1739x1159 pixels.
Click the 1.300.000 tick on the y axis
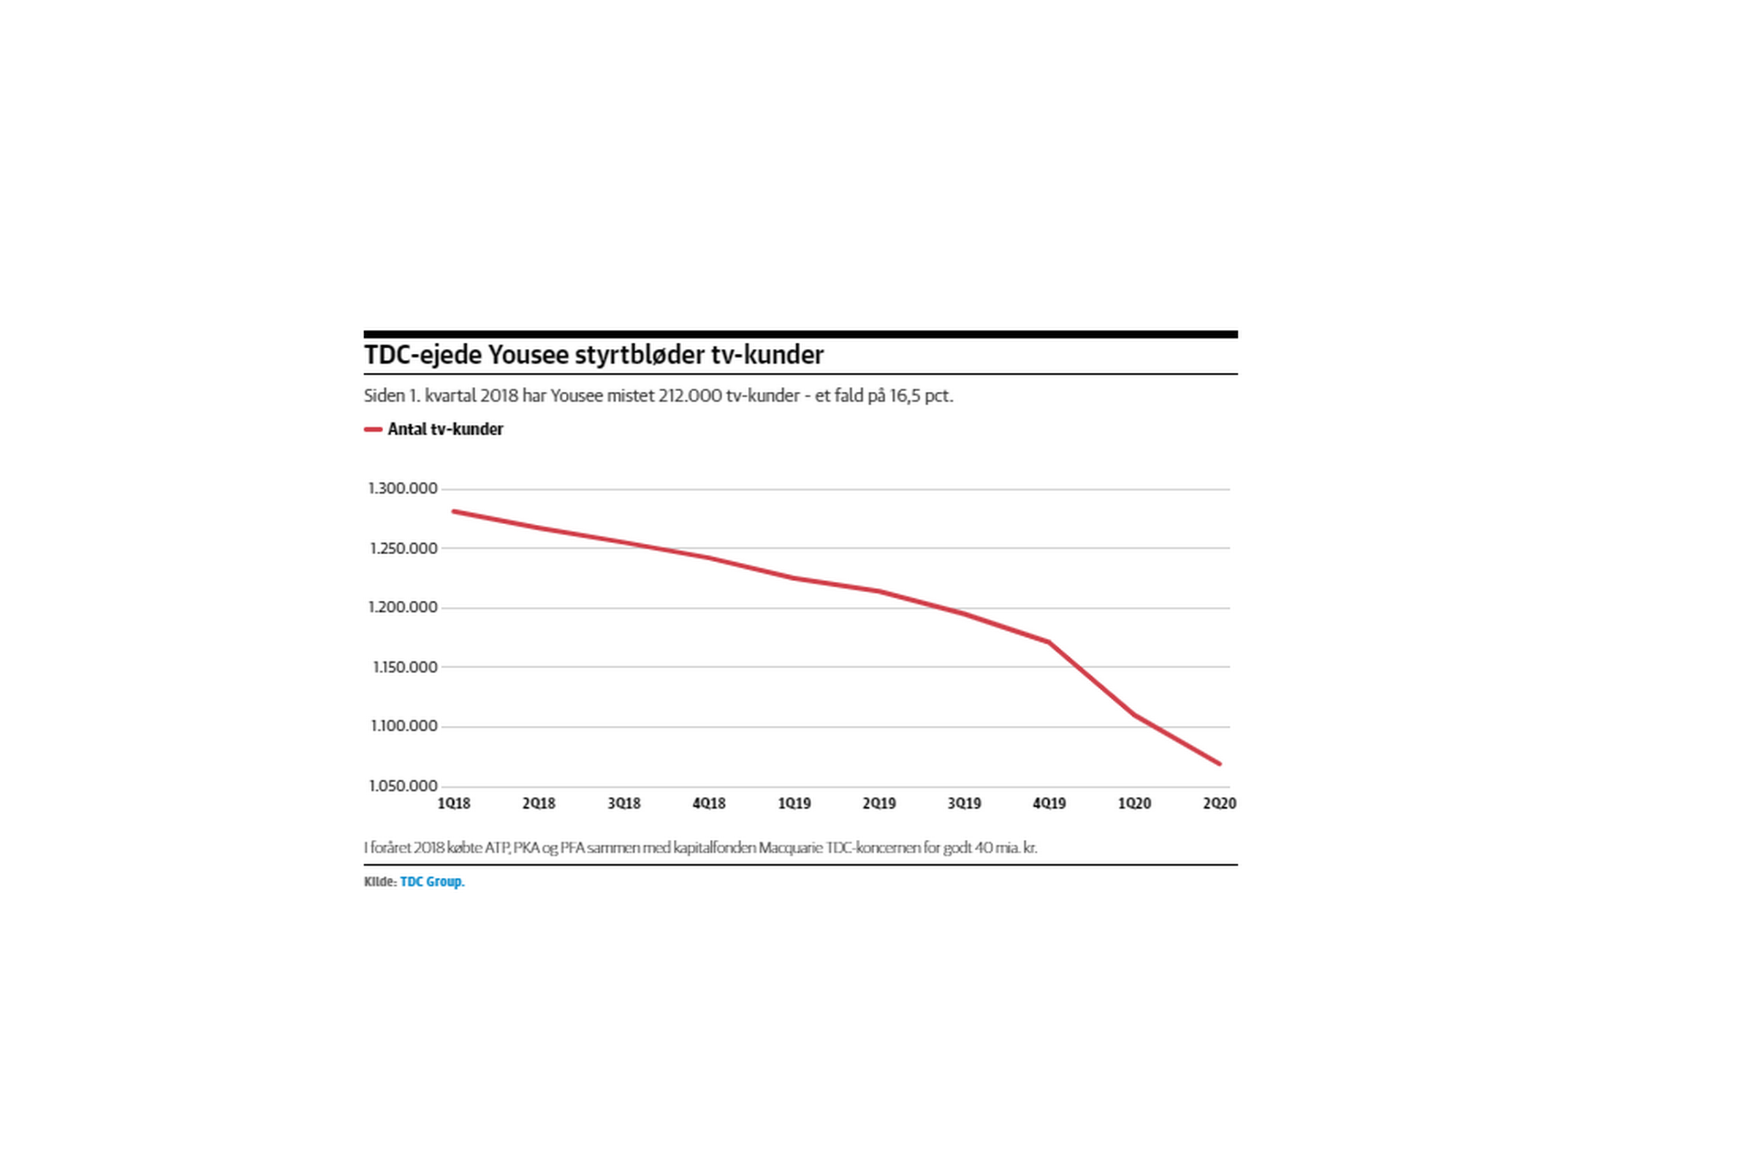tap(403, 489)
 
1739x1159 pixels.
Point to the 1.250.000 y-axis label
tap(403, 549)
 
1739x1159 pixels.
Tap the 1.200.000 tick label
tap(403, 608)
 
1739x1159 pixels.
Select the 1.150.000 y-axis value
tap(404, 667)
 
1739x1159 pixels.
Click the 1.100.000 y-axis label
tap(404, 726)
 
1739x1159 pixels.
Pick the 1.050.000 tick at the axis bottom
tap(403, 786)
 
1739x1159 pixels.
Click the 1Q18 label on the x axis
tap(453, 803)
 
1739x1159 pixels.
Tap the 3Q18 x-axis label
tap(624, 803)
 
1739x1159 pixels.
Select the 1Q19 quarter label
tap(794, 803)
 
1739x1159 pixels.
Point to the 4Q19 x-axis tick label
tap(1049, 803)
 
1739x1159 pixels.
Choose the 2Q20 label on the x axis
tap(1219, 803)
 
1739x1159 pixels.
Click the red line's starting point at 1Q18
tap(453, 511)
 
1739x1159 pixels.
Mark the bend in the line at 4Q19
tap(1049, 642)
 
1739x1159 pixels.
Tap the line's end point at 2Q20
tap(1219, 764)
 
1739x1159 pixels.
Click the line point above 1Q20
tap(1134, 715)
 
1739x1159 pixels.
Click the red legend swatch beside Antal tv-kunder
tap(373, 430)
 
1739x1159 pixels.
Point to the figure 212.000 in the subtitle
tap(690, 397)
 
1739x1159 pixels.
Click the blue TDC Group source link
tap(432, 882)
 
